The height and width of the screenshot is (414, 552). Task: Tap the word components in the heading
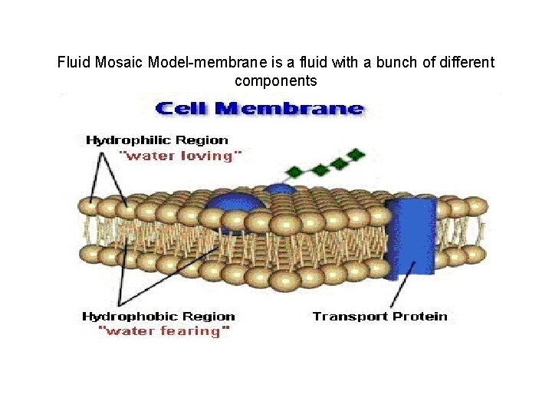tap(276, 80)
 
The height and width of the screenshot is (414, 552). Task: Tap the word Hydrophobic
tap(130, 316)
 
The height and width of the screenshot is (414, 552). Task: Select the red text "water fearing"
tap(164, 331)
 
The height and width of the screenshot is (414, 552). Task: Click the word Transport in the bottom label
tap(350, 316)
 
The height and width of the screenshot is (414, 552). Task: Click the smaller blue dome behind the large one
tap(280, 189)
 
